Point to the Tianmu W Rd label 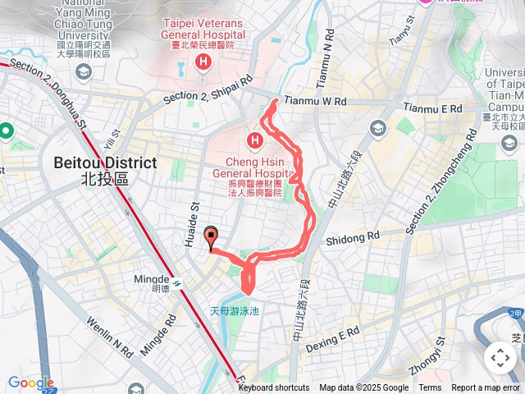(316, 101)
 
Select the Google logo (31, 383)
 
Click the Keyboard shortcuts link (273, 388)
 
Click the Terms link (430, 388)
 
